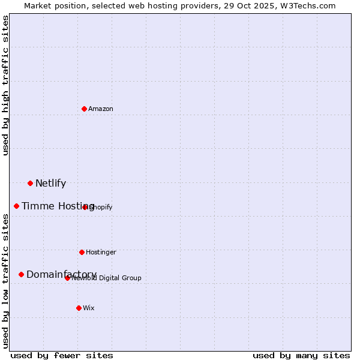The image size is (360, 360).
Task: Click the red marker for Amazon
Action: coord(84,109)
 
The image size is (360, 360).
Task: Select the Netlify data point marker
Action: coord(30,183)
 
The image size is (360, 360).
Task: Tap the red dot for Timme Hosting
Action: coord(16,206)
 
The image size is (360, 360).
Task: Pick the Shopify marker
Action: coord(85,207)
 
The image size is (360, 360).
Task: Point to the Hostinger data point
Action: coord(82,252)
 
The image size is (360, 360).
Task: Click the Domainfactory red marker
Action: coord(21,274)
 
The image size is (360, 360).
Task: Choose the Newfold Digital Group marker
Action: coord(67,278)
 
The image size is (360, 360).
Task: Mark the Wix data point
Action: coord(79,308)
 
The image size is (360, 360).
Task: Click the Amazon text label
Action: coord(101,109)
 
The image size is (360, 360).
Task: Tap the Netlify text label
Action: coord(50,184)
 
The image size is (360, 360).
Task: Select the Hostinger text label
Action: coord(101,253)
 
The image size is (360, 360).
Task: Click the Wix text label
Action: coord(89,308)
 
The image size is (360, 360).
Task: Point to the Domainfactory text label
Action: coord(61,275)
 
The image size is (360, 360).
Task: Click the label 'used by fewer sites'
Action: coord(62,355)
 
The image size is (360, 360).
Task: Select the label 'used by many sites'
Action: coord(301,355)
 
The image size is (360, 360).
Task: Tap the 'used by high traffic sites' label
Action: coord(6,85)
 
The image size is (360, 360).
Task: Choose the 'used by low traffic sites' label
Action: coord(6,281)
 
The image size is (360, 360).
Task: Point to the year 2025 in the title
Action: coord(255,5)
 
